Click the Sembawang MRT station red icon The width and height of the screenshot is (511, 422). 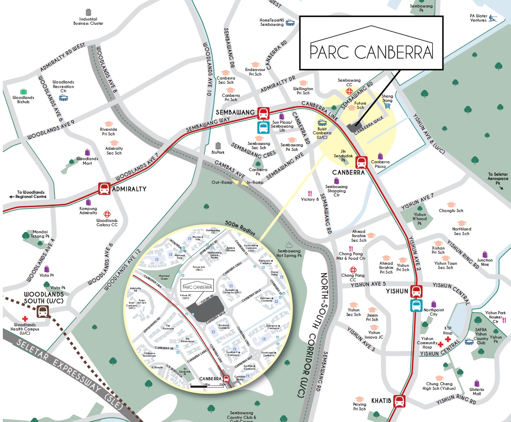[x=263, y=113]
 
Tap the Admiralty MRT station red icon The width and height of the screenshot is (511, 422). [x=104, y=188]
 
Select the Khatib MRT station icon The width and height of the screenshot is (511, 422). [x=399, y=401]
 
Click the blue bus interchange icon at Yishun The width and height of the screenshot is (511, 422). [x=416, y=305]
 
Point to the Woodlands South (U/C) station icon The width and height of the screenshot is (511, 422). [x=43, y=311]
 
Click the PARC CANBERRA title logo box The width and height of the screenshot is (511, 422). [x=371, y=43]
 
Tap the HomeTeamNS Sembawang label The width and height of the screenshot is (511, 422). [x=271, y=22]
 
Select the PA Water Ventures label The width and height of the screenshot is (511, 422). [x=478, y=18]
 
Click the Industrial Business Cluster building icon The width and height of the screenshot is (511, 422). [x=88, y=12]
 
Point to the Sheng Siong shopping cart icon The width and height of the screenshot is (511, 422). [x=387, y=106]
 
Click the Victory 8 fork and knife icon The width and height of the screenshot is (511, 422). [x=310, y=193]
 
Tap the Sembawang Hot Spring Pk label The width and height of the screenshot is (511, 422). [x=289, y=253]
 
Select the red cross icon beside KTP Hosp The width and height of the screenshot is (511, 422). [x=448, y=339]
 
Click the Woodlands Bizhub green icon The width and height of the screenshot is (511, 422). [x=23, y=92]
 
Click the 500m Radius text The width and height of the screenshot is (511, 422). [x=240, y=228]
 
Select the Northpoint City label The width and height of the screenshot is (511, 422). [x=434, y=312]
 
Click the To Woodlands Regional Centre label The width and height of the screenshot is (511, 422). [x=31, y=194]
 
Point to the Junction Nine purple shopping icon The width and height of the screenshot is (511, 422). [x=485, y=254]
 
